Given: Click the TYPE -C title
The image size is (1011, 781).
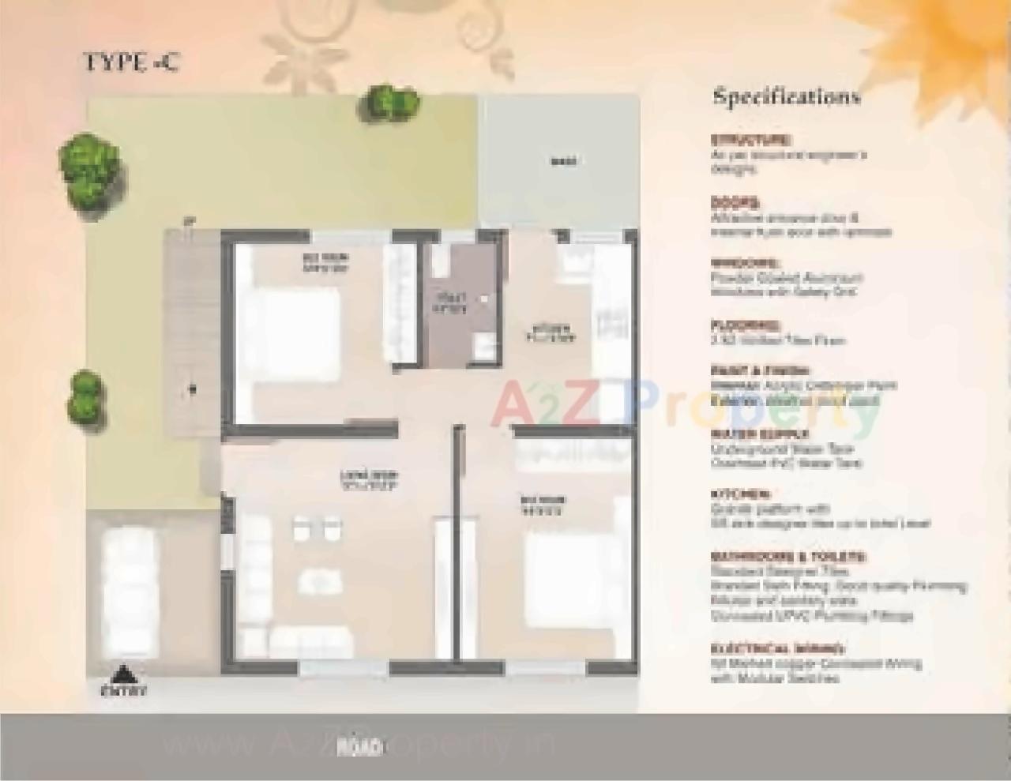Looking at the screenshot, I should (x=131, y=63).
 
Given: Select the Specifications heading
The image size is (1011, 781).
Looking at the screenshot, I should (x=786, y=97).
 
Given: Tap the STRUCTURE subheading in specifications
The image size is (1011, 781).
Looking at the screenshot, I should (x=750, y=140).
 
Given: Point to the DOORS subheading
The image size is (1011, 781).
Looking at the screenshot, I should (x=735, y=202).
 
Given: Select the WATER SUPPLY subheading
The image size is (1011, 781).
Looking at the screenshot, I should (x=759, y=434).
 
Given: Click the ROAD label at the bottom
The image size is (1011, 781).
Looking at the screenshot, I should (x=359, y=746).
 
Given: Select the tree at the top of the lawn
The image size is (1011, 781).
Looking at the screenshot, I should (x=390, y=103).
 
